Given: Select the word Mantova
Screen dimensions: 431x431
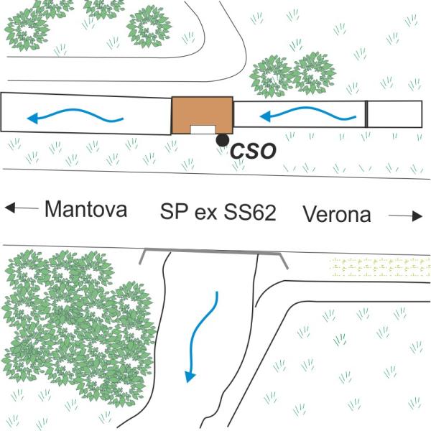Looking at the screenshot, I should click(x=85, y=210).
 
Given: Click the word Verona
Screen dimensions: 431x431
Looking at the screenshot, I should click(x=336, y=213).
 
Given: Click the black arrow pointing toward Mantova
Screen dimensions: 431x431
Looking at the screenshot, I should click(x=21, y=208).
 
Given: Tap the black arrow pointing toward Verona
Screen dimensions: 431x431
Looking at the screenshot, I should click(x=407, y=215).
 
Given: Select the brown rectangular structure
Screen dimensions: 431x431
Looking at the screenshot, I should click(x=202, y=113).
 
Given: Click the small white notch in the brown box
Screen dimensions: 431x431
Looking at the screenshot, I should click(x=202, y=129).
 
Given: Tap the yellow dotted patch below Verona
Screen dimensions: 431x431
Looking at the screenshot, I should click(x=378, y=267).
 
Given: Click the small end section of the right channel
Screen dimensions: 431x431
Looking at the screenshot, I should click(x=394, y=114).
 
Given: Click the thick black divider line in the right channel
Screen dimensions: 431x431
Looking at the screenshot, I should click(x=366, y=114).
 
